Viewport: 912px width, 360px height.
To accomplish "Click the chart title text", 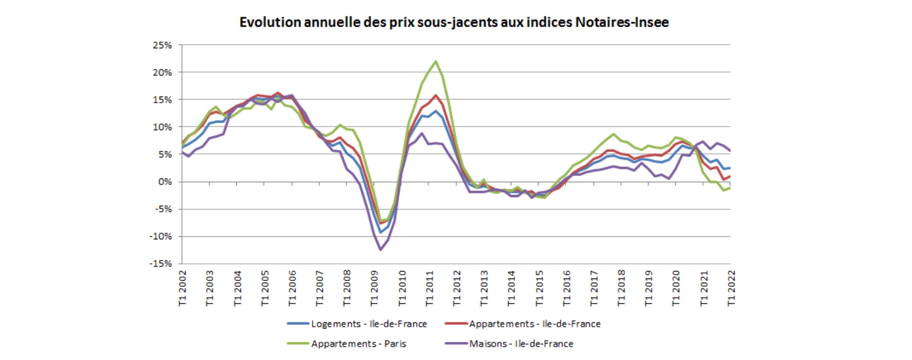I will [453, 23].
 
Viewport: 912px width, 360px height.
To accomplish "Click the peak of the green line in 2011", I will [435, 61].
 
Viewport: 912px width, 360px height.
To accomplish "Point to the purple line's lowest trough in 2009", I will [380, 250].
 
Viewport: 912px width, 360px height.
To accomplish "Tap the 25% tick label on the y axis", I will [162, 45].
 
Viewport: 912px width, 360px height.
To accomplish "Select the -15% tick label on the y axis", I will [160, 263].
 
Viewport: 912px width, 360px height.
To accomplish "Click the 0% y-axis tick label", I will [165, 182].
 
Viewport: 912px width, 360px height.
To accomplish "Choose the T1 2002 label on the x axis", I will [183, 288].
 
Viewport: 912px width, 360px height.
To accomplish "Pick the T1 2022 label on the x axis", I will [731, 288].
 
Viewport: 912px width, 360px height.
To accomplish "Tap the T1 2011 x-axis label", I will [429, 288].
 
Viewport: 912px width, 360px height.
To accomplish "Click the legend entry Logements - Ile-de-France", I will [369, 324].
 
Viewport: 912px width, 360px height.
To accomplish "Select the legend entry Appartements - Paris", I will [358, 344].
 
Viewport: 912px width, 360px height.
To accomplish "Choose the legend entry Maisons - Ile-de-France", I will [521, 344].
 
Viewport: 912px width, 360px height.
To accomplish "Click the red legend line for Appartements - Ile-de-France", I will [456, 324].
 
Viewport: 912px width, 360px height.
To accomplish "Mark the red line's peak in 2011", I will [435, 95].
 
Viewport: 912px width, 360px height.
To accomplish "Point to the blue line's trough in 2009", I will [380, 233].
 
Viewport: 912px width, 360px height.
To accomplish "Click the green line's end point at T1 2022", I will [729, 188].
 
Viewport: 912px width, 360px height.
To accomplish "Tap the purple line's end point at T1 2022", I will [729, 151].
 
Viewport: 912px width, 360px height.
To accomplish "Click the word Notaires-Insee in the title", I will [621, 23].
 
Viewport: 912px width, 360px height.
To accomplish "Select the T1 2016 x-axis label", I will [567, 288].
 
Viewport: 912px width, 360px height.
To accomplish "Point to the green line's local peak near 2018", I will [613, 134].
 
